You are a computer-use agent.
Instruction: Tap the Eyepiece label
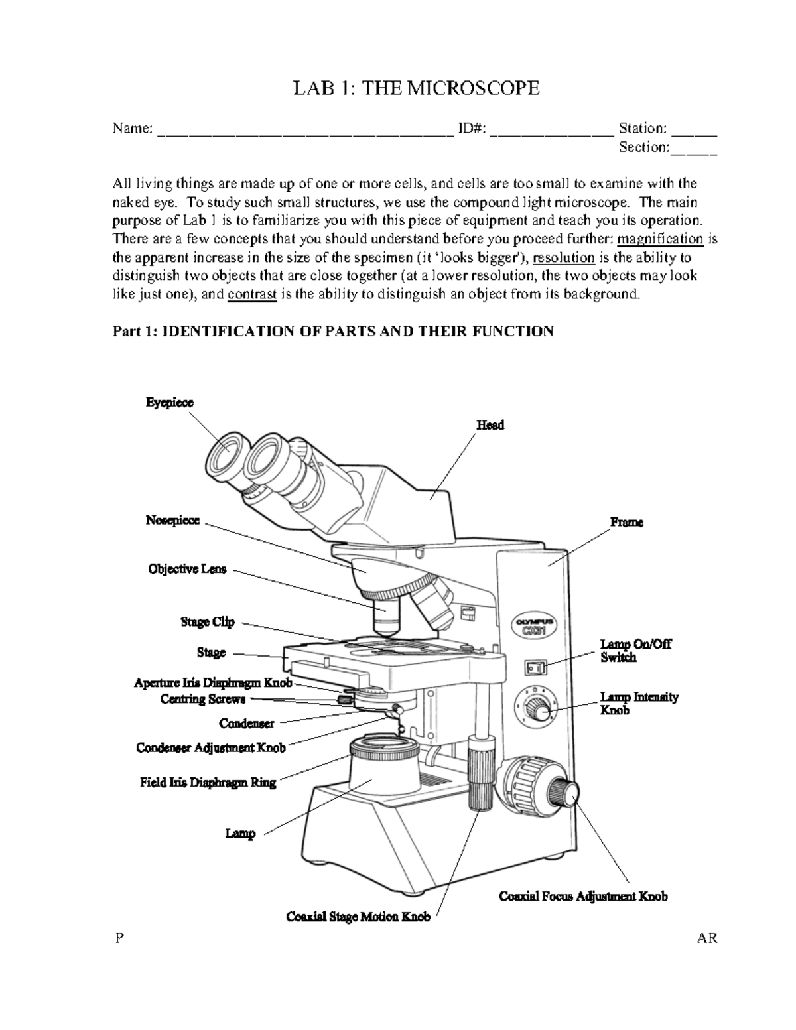(x=170, y=403)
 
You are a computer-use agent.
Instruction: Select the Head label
(x=490, y=425)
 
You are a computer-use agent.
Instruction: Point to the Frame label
(x=627, y=523)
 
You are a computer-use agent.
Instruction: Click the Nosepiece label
(x=172, y=521)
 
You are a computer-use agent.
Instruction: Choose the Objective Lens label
(x=187, y=569)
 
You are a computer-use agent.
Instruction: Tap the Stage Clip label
(x=208, y=622)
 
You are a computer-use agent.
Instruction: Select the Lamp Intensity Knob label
(x=639, y=704)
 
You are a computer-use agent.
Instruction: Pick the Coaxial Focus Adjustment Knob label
(x=583, y=897)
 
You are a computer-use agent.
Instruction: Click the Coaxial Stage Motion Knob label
(x=358, y=917)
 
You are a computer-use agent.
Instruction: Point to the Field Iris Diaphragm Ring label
(x=208, y=783)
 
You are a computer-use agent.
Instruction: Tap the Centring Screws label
(x=203, y=699)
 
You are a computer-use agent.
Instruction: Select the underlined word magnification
(x=660, y=239)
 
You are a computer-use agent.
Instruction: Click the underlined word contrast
(x=251, y=294)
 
